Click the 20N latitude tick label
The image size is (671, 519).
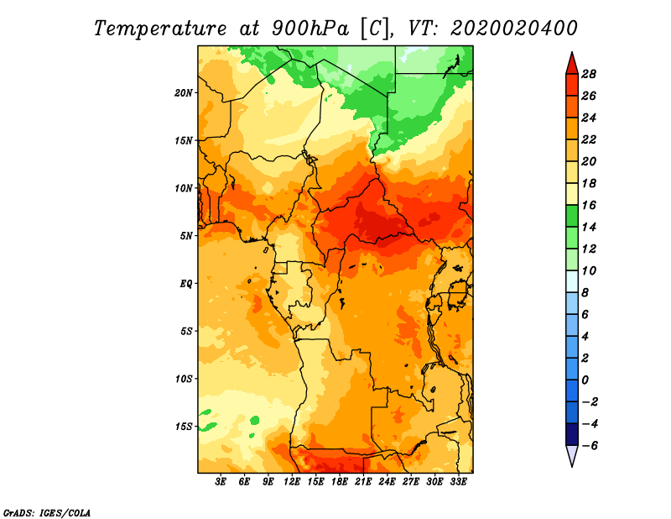pos(183,92)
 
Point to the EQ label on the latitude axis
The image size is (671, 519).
pos(185,284)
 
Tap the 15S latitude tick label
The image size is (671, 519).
pos(184,427)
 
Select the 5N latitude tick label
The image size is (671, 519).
pos(186,236)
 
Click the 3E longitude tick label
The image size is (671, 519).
pos(221,482)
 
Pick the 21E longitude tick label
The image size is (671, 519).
pos(363,482)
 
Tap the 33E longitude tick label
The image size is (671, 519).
pos(458,482)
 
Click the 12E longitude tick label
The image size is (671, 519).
pos(291,482)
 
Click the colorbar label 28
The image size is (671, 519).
pos(589,74)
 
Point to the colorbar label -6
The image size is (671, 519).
pos(590,446)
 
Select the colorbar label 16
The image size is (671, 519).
pos(589,205)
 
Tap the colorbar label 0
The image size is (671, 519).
pos(585,380)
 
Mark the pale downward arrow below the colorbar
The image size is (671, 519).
pos(572,455)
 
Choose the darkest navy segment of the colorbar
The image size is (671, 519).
pos(572,434)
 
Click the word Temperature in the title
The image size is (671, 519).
pos(160,29)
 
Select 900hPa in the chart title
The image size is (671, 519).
pos(310,29)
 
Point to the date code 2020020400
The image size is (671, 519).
pos(513,29)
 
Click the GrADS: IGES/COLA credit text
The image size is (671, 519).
pos(47,513)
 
